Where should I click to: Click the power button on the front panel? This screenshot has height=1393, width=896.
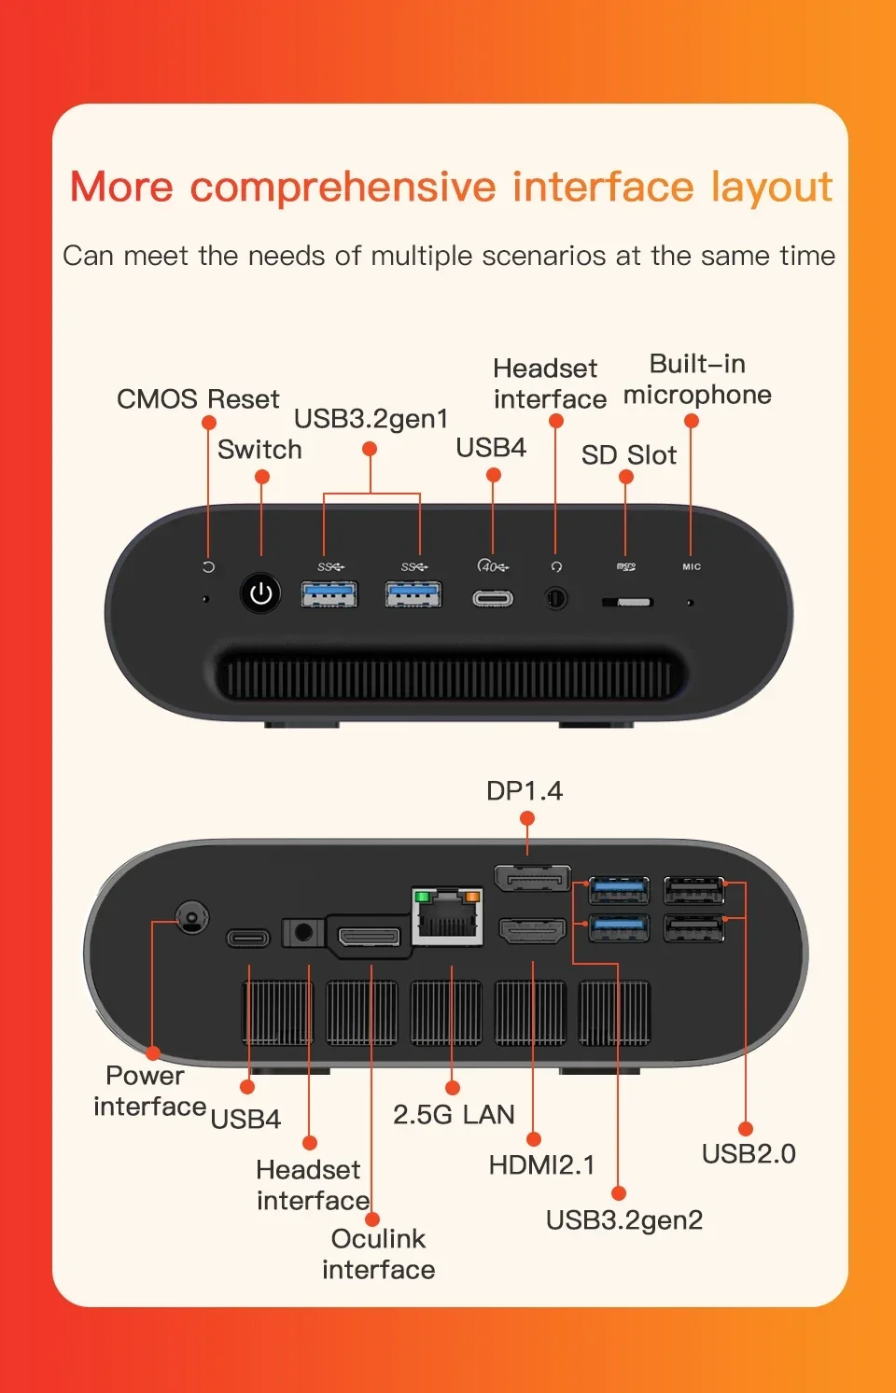pyautogui.click(x=260, y=593)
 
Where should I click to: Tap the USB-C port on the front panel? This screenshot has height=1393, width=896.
pyautogui.click(x=492, y=598)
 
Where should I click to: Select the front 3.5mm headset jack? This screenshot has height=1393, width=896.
pyautogui.click(x=556, y=597)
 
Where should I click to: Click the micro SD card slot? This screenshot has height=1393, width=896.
pyautogui.click(x=627, y=602)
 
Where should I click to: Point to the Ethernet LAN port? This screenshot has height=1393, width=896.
pyautogui.click(x=447, y=917)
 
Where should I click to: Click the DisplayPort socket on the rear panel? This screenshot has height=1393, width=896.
pyautogui.click(x=532, y=879)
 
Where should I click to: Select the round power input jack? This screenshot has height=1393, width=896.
pyautogui.click(x=192, y=918)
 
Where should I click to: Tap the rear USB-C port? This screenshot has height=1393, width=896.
pyautogui.click(x=248, y=938)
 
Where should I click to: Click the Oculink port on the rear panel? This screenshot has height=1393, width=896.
pyautogui.click(x=369, y=936)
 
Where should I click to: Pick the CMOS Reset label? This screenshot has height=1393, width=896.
pyautogui.click(x=198, y=399)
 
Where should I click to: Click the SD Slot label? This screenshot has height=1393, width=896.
pyautogui.click(x=628, y=455)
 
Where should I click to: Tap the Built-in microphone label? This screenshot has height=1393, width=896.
pyautogui.click(x=697, y=380)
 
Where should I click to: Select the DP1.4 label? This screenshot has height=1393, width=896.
pyautogui.click(x=525, y=791)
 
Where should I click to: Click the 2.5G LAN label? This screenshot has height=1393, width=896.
pyautogui.click(x=454, y=1115)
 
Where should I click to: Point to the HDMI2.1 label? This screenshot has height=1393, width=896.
pyautogui.click(x=541, y=1165)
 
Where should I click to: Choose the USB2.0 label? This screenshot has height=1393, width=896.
pyautogui.click(x=749, y=1154)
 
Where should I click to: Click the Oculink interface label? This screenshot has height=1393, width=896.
pyautogui.click(x=378, y=1254)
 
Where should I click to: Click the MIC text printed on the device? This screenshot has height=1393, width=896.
pyautogui.click(x=692, y=566)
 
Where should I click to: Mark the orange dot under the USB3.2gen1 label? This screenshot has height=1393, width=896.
pyautogui.click(x=370, y=450)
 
